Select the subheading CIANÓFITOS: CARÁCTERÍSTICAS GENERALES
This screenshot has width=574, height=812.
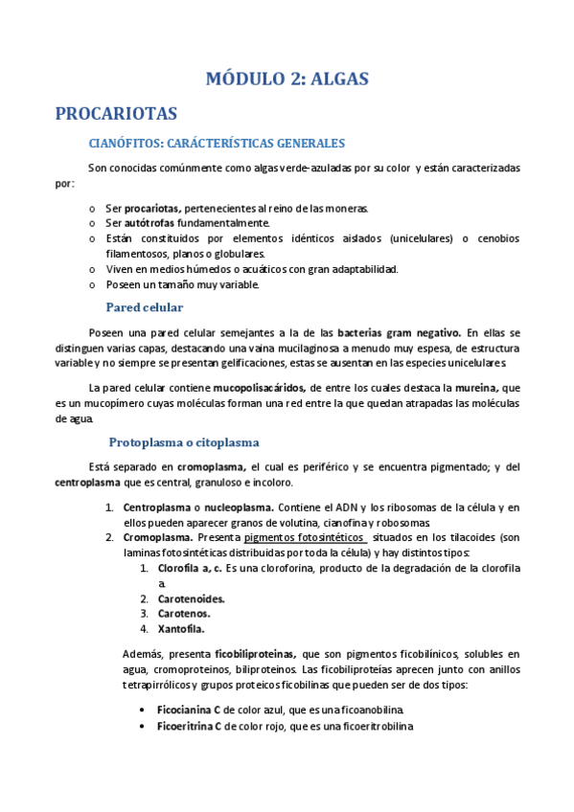coord(216,144)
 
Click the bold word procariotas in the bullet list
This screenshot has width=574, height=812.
coord(152,208)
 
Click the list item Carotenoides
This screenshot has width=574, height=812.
coord(192,598)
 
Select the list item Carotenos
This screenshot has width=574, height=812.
coord(184,614)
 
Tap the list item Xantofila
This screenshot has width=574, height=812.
coord(181,629)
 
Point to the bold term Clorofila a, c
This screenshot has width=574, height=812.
coord(190,568)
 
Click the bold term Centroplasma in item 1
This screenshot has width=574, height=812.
coord(157,507)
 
